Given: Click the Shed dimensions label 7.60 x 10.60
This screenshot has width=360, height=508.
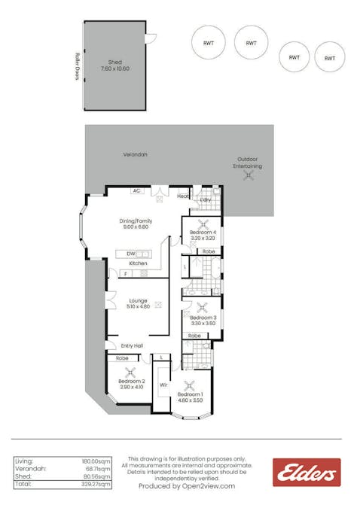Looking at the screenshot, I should pyautogui.click(x=114, y=69).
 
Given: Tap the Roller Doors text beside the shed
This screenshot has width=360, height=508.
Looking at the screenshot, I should pyautogui.click(x=78, y=65).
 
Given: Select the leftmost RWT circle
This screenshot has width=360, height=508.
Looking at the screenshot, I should pyautogui.click(x=206, y=43).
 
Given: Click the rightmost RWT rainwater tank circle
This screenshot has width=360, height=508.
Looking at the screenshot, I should pyautogui.click(x=329, y=57).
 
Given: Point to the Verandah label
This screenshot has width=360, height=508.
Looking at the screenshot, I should pyautogui.click(x=136, y=154).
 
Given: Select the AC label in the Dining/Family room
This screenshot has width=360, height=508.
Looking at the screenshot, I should pyautogui.click(x=136, y=190).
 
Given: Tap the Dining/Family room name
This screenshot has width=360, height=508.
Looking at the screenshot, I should pyautogui.click(x=136, y=221).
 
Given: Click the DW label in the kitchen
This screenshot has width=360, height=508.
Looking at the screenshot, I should pyautogui.click(x=130, y=254).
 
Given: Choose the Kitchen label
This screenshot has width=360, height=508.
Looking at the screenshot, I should pyautogui.click(x=137, y=263).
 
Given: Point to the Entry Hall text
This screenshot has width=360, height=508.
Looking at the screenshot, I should pyautogui.click(x=132, y=345).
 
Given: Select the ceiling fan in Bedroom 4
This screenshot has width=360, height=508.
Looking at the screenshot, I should pyautogui.click(x=203, y=224).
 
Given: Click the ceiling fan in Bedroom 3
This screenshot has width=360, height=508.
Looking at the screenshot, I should pyautogui.click(x=203, y=306).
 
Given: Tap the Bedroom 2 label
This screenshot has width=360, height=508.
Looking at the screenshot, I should pyautogui.click(x=130, y=381).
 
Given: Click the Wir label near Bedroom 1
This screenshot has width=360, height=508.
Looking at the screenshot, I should pyautogui.click(x=163, y=385).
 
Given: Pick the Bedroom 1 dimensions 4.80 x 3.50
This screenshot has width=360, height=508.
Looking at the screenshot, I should pyautogui.click(x=190, y=400).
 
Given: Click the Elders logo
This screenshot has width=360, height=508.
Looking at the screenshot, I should pyautogui.click(x=306, y=473).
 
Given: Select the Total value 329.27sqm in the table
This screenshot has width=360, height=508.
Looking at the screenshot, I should pyautogui.click(x=96, y=485).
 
